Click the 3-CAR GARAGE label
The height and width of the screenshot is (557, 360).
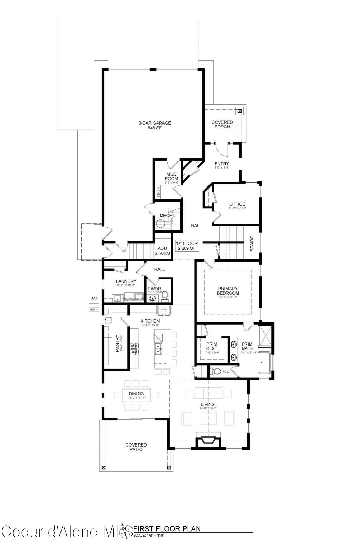tap(154, 125)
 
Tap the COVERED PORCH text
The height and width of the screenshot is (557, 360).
tap(222, 124)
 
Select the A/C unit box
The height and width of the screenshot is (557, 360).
tap(94, 298)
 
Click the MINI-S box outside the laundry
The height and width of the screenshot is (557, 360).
tap(94, 310)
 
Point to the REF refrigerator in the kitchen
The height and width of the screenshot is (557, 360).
tap(163, 310)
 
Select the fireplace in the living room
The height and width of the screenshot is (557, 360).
tap(208, 442)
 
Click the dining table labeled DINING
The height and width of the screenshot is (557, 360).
tap(136, 395)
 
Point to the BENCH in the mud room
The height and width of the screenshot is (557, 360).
tap(159, 192)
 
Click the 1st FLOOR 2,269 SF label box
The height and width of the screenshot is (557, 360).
tap(187, 246)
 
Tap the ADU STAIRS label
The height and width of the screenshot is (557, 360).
tap(162, 251)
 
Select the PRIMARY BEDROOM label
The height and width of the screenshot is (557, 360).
tap(228, 291)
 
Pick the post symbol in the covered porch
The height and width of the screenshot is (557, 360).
tap(240, 111)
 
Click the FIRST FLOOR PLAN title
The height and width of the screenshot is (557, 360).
tap(167, 528)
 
